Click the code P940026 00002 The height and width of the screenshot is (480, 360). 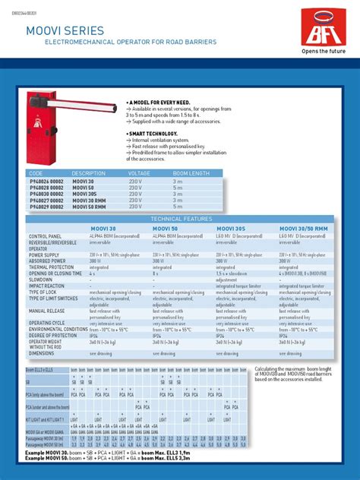click(46, 182)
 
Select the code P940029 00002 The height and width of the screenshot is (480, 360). click(46, 206)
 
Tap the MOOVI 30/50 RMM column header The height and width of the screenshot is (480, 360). click(302, 227)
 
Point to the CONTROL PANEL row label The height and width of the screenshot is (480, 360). click(46, 237)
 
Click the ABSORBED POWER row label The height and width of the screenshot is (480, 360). click(49, 261)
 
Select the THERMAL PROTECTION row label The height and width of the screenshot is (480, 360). click(52, 267)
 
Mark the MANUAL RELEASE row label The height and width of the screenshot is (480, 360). click(47, 310)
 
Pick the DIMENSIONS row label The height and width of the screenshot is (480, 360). click(42, 353)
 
